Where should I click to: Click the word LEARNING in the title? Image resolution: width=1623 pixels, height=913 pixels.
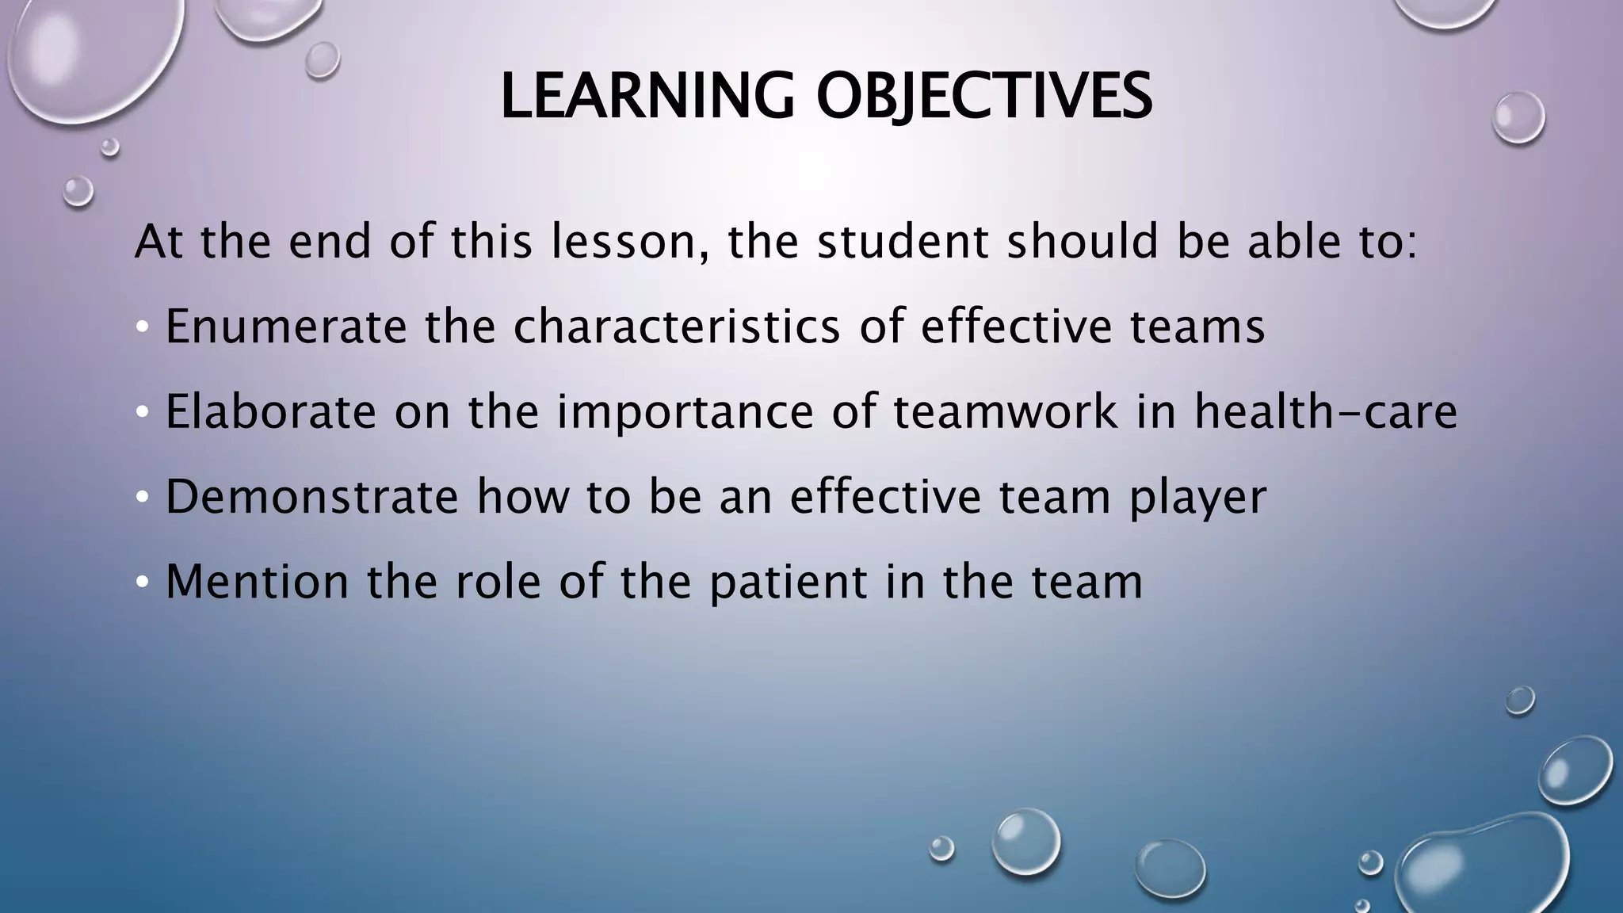[x=647, y=97]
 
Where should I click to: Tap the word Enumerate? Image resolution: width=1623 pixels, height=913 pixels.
[x=285, y=327]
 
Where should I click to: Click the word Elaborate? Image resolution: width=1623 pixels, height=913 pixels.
[x=270, y=412]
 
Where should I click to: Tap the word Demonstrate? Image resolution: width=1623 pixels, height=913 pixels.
[x=311, y=497]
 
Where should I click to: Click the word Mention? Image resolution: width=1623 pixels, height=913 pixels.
[x=257, y=582]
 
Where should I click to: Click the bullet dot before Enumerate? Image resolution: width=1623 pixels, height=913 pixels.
[x=141, y=327]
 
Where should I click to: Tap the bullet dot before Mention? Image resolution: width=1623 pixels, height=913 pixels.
[x=141, y=583]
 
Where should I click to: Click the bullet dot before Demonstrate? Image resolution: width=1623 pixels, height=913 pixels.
[x=141, y=498]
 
